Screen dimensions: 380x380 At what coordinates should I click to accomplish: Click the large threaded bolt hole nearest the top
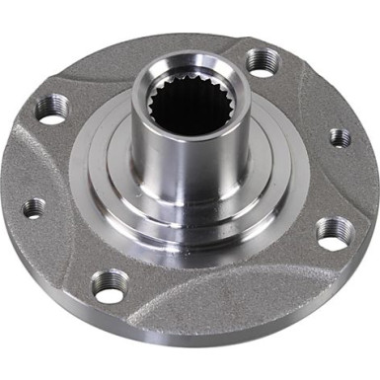[262, 61]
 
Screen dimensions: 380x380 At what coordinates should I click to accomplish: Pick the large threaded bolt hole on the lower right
[336, 233]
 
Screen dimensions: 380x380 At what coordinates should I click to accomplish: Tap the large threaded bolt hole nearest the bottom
[109, 285]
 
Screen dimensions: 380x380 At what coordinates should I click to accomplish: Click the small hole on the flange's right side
[340, 137]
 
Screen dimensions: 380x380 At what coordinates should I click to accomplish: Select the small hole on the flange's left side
[34, 208]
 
